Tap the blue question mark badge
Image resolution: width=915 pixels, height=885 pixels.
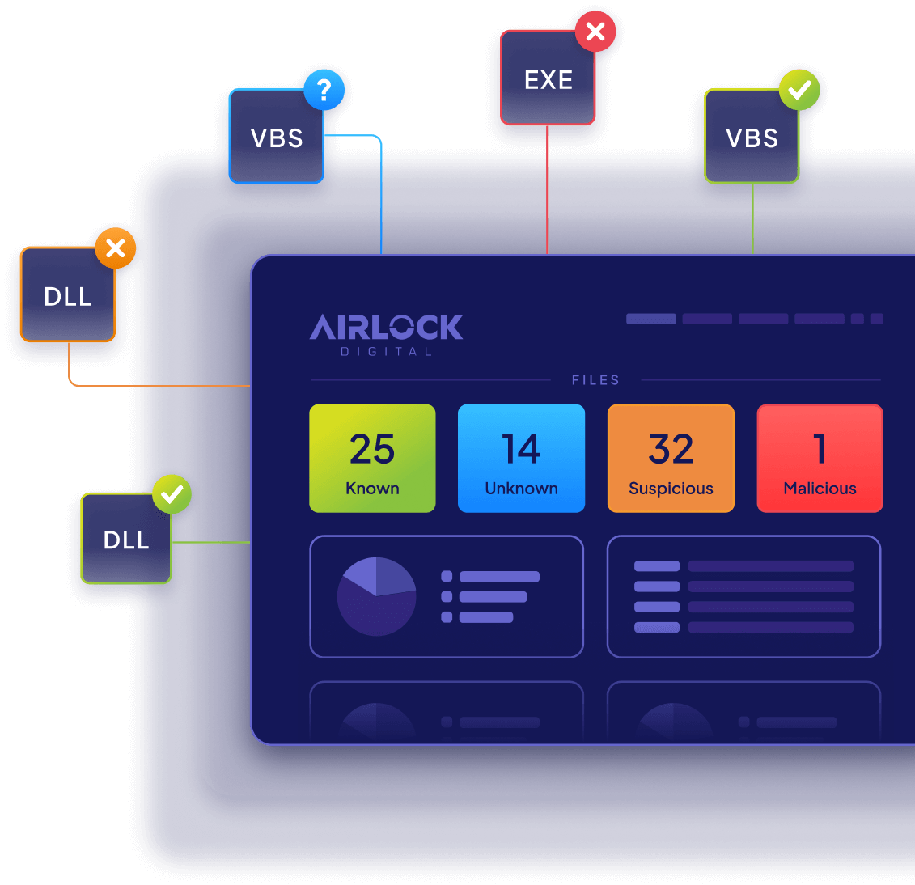(324, 90)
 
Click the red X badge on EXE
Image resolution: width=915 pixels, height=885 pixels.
(595, 32)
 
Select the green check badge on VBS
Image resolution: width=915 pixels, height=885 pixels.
(799, 90)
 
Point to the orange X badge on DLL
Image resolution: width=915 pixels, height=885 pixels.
(116, 248)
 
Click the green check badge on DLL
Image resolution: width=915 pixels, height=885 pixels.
(172, 494)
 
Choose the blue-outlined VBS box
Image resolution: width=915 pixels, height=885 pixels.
(277, 138)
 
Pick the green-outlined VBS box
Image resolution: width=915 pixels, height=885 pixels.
(752, 138)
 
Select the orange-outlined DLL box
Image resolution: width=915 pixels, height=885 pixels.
(68, 295)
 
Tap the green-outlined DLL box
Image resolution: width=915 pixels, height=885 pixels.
(126, 539)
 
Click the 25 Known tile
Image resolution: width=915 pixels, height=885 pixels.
(372, 459)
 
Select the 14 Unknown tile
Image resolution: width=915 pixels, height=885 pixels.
(521, 459)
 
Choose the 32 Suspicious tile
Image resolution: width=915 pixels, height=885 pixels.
(671, 459)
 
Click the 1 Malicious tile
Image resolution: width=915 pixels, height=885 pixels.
(820, 459)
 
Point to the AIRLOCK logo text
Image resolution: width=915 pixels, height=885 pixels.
(387, 327)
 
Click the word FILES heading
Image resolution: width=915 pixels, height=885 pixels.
(595, 380)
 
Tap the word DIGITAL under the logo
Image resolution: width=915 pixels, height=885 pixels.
(387, 352)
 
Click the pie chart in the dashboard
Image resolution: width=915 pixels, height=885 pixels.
(376, 597)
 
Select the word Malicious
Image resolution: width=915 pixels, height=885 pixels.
(820, 489)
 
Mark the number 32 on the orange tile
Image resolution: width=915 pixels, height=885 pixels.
(671, 449)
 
